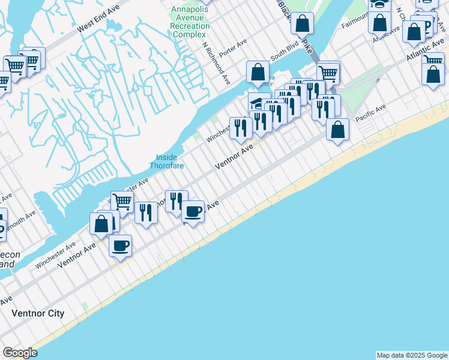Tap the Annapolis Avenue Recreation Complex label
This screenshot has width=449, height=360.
(x=190, y=22)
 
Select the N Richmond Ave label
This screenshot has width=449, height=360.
(x=217, y=62)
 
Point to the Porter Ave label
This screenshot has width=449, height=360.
(x=233, y=45)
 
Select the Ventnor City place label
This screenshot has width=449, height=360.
(x=38, y=314)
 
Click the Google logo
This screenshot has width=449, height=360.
(x=20, y=353)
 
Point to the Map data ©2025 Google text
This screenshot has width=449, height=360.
(x=412, y=355)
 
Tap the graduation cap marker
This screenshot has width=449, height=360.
(x=259, y=101)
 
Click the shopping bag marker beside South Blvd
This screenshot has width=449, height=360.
(x=258, y=72)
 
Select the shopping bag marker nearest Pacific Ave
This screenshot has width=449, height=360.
(x=338, y=130)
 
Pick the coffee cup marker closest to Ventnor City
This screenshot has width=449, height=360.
(x=120, y=245)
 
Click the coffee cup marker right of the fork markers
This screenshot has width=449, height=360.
(x=193, y=212)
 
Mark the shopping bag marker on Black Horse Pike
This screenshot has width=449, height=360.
(x=303, y=24)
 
